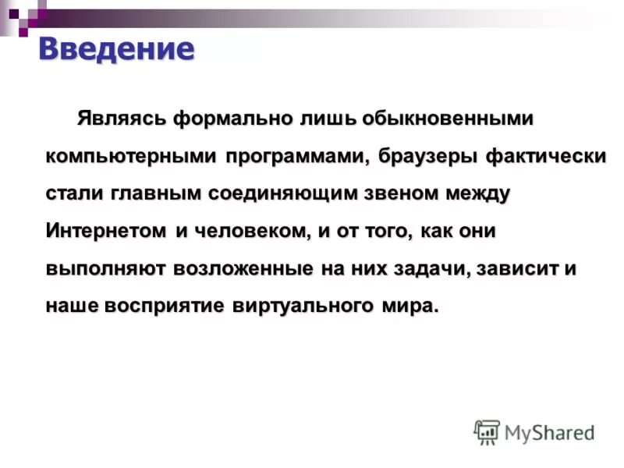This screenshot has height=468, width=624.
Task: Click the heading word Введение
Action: tap(115, 49)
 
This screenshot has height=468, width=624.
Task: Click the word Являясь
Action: tap(121, 119)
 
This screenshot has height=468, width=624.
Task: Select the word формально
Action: tap(232, 119)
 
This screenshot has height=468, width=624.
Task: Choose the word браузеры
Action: tap(417, 156)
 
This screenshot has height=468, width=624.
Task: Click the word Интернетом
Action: tap(106, 231)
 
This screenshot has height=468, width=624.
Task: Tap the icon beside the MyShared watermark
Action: tap(487, 431)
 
